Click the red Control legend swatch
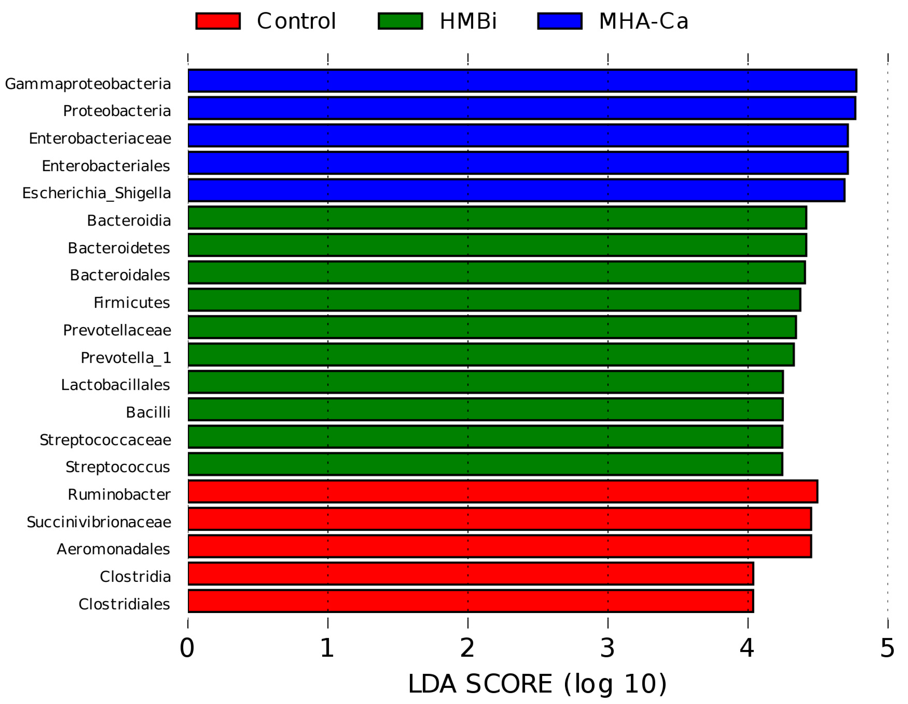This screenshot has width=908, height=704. (218, 21)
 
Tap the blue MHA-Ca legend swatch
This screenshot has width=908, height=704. (560, 21)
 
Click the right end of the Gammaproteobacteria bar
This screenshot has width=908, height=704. (856, 81)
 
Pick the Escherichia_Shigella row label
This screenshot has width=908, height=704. (96, 193)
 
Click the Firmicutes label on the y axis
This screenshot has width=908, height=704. (132, 302)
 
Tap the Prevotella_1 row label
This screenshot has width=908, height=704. (126, 357)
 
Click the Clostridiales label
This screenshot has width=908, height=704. (124, 604)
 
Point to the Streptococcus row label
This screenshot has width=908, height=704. (118, 467)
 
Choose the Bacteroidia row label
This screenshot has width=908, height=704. (129, 221)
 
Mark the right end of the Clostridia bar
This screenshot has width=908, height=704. (753, 573)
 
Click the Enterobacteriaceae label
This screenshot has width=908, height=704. (100, 138)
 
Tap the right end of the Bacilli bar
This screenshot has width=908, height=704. (782, 410)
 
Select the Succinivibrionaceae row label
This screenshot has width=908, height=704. (99, 522)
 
